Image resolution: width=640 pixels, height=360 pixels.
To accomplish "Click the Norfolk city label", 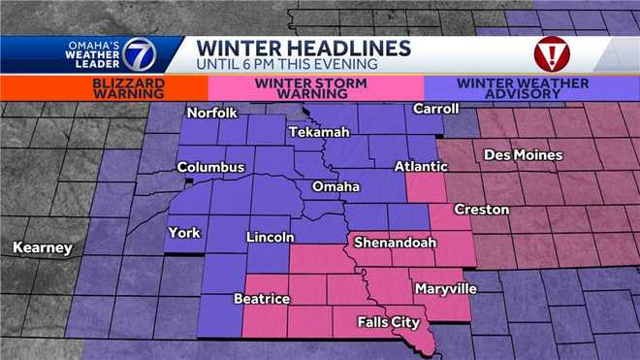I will tap(214, 112).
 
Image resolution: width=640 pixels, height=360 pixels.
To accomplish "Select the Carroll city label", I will tap(434, 109).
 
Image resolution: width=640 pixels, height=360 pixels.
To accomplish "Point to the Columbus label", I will tap(210, 167).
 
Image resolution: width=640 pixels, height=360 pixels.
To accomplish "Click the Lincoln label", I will tap(271, 238).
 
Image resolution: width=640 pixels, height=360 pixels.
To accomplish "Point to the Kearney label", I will tap(42, 248).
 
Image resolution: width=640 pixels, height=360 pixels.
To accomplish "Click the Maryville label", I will tap(444, 288).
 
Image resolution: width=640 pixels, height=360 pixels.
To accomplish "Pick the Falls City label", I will tap(389, 321).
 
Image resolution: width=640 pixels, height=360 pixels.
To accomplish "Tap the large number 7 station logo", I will tap(137, 54).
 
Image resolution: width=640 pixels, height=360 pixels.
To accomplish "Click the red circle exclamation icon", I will tap(552, 53).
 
